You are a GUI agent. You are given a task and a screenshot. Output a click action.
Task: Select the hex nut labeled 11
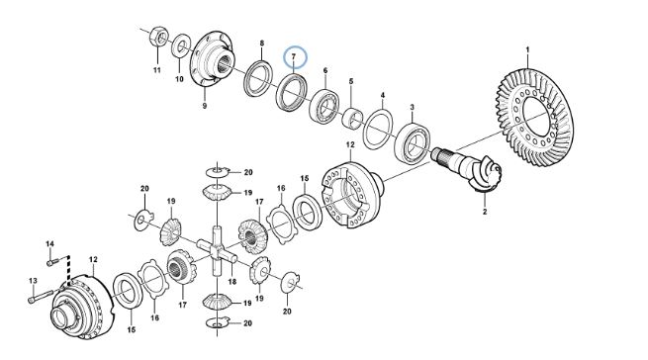click(x=158, y=38)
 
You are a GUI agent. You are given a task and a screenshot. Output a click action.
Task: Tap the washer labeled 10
click(x=181, y=46)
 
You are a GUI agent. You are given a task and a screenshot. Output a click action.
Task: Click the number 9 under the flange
click(x=205, y=106)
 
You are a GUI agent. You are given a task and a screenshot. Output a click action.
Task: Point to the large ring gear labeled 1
click(x=534, y=118)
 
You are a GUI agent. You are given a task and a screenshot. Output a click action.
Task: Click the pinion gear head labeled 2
click(x=487, y=174)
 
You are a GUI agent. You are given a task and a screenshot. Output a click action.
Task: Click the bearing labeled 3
click(x=414, y=142)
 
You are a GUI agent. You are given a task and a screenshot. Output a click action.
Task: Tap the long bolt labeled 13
click(x=41, y=297)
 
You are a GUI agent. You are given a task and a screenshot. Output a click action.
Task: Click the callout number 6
click(x=325, y=70)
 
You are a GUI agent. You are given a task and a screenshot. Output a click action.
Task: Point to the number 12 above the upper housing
click(x=350, y=145)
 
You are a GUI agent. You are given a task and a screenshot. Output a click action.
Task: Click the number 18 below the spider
click(x=232, y=282)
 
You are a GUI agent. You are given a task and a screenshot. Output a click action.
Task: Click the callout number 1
click(x=527, y=49)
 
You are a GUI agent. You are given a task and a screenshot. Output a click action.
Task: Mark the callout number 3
click(x=412, y=108)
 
